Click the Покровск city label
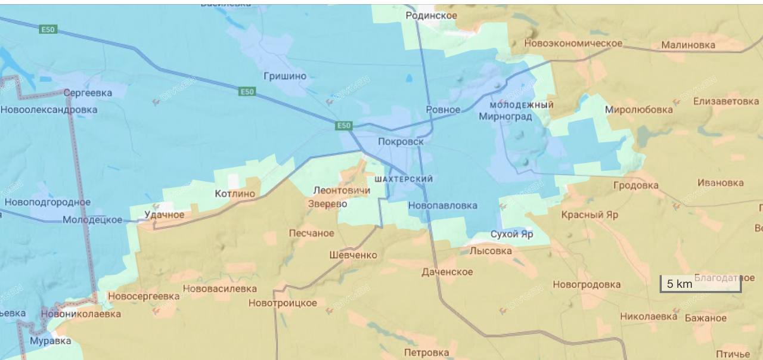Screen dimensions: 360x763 coord(401,142)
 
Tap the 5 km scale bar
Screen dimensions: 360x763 coord(700,284)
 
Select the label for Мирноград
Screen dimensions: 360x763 coord(505,116)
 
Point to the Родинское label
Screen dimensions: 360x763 coord(431,15)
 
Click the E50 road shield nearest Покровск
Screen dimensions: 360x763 coord(344,126)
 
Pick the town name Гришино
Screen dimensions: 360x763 coord(285,76)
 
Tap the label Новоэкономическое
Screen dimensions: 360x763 coord(573,44)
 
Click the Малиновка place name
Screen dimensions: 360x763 coord(688,45)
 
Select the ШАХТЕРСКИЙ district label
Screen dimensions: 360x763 coord(404,179)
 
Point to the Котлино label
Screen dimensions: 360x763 coord(235,194)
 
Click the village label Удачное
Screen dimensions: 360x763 coord(165,215)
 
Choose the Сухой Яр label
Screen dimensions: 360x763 coord(511,234)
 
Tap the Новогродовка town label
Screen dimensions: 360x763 coord(587,285)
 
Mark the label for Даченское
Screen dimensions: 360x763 coord(447,272)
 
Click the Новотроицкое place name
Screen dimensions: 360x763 coord(283,303)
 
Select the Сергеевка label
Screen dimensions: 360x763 coord(88,93)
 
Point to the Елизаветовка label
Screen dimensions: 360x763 coord(725,101)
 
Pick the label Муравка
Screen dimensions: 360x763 coord(51,341)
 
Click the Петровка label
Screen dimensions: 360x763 coord(426,353)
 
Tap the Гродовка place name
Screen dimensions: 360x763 coord(636,185)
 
